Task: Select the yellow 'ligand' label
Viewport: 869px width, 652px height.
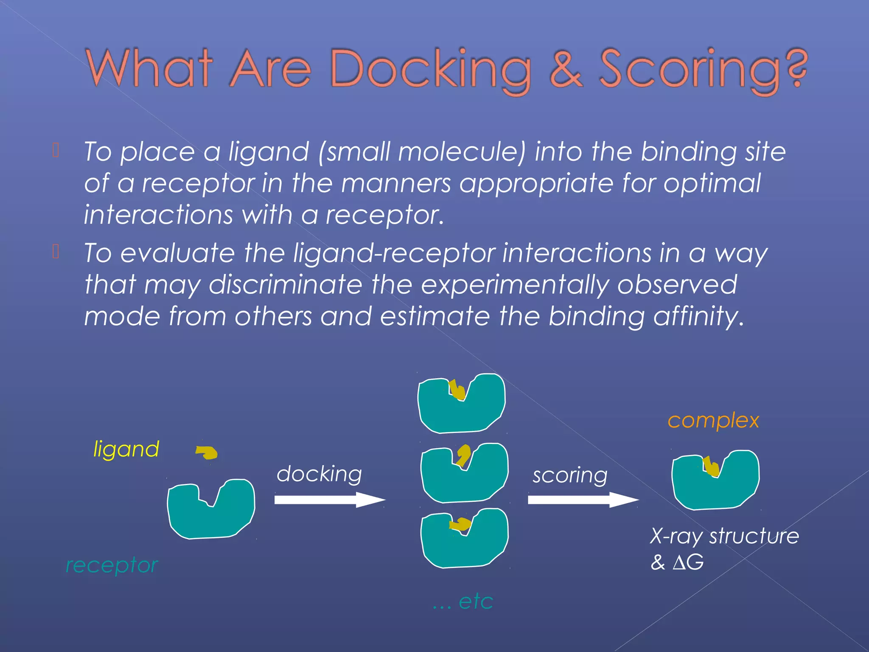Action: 126,449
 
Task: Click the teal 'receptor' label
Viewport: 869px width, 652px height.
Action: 112,565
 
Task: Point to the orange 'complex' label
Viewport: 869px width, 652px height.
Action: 713,421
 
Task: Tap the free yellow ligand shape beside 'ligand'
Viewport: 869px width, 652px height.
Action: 207,452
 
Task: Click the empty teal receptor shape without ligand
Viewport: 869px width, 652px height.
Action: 211,516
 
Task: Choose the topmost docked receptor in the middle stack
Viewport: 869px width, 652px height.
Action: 461,410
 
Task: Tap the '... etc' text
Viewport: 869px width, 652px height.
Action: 463,601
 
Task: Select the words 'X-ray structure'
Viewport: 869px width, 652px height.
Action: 724,536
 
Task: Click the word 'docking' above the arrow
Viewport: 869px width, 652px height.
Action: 319,474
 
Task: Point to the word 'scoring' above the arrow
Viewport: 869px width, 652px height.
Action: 570,475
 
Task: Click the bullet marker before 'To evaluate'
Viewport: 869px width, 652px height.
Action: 56,252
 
